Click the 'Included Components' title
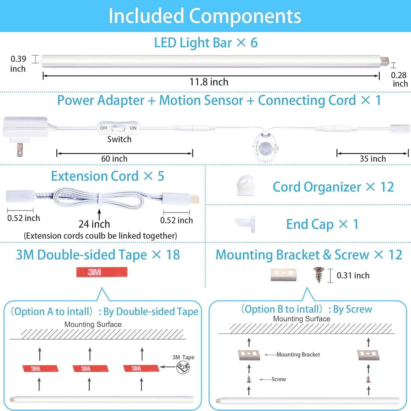(205, 16)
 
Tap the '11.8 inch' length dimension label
(209, 82)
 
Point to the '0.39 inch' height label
(18, 64)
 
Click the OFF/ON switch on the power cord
(118, 128)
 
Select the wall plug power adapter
(25, 132)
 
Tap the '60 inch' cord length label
(114, 159)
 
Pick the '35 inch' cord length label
(373, 159)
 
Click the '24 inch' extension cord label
(94, 224)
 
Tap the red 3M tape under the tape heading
(102, 272)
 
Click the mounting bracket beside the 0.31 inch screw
(284, 274)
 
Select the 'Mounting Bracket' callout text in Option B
(298, 355)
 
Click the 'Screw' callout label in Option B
(279, 379)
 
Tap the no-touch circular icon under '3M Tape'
(183, 367)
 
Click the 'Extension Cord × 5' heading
(107, 176)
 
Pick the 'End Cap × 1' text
(322, 224)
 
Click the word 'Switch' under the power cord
(119, 139)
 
